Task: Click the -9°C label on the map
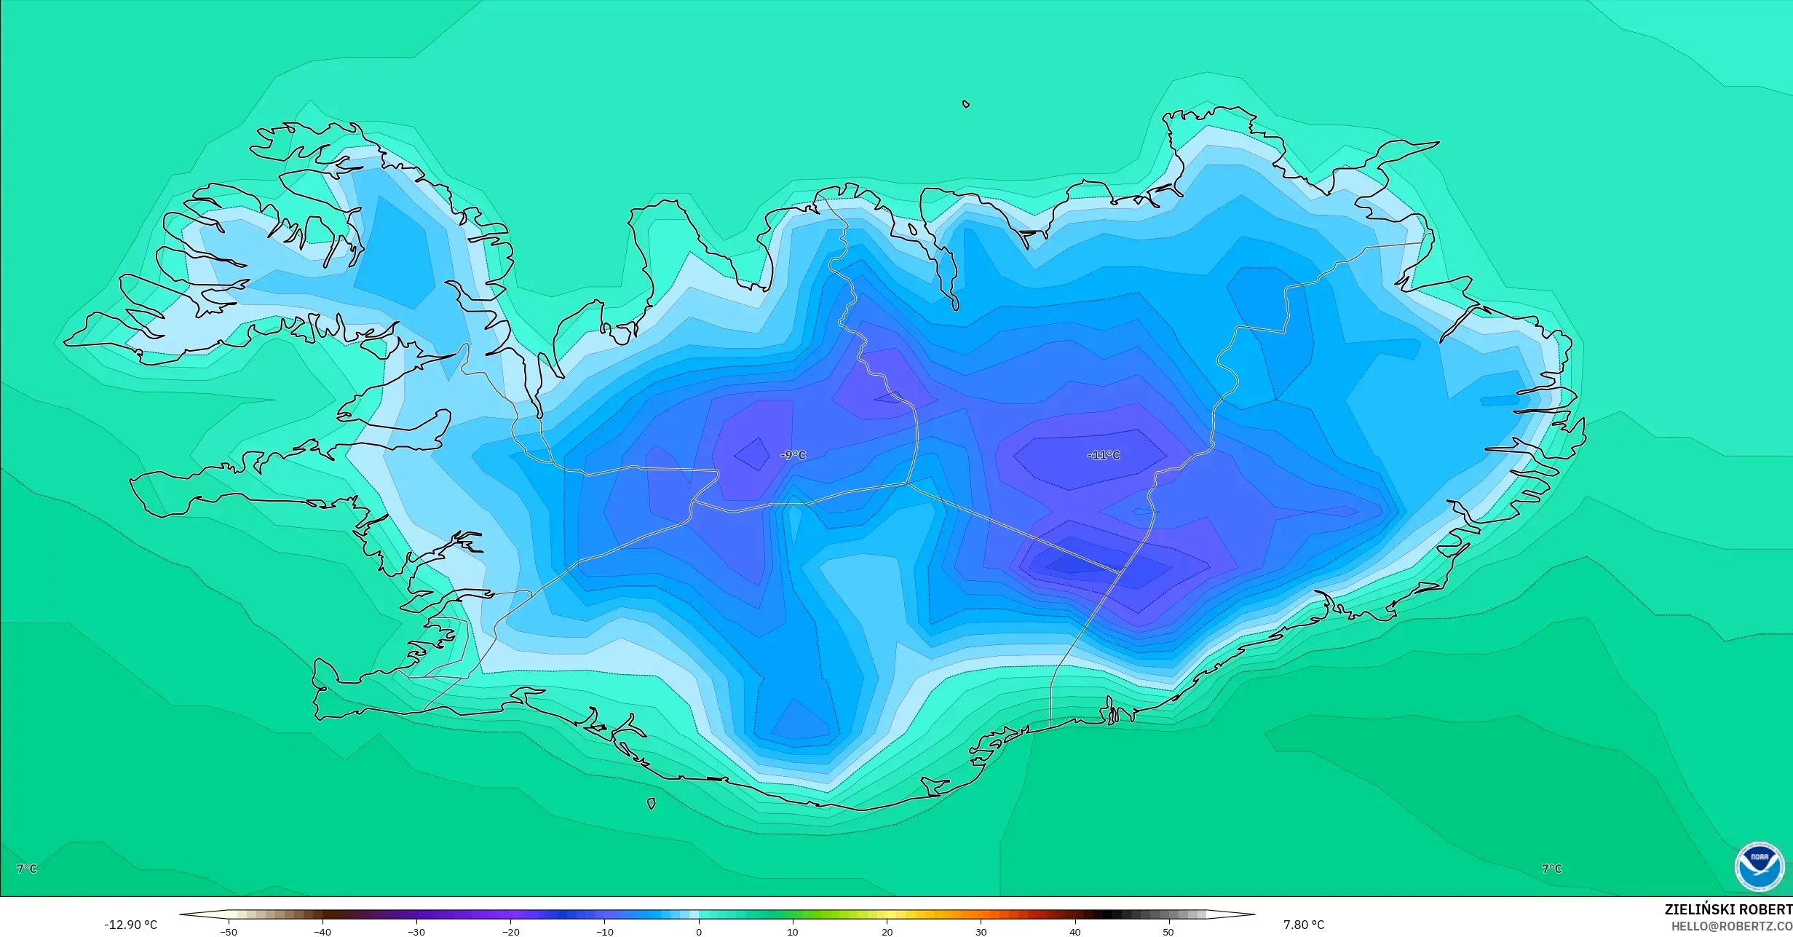(x=793, y=455)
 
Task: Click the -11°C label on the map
(x=1104, y=455)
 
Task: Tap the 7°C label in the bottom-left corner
(x=27, y=869)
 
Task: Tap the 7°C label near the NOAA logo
(x=1552, y=869)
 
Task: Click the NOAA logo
(x=1760, y=866)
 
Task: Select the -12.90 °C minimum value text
(x=130, y=925)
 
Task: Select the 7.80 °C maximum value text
(x=1303, y=925)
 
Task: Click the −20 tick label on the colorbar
(x=510, y=932)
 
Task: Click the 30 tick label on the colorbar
(x=981, y=932)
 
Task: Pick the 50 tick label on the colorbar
(x=1168, y=932)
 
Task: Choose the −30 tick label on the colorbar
(x=416, y=932)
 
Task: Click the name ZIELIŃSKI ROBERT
(x=1727, y=909)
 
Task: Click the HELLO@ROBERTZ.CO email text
(x=1731, y=926)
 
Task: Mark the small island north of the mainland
(x=966, y=104)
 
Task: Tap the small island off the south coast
(x=651, y=804)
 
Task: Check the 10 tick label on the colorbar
(x=793, y=932)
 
